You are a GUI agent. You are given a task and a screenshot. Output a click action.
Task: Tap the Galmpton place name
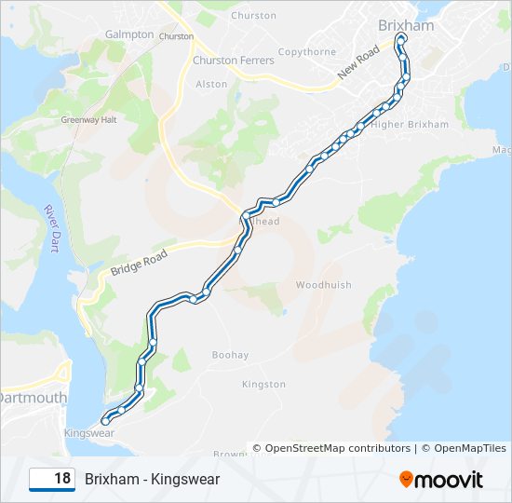129,34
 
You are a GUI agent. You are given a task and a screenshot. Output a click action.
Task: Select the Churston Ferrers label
233,61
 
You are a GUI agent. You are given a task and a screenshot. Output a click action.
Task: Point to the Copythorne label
306,52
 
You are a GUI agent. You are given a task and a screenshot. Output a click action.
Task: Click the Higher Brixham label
410,125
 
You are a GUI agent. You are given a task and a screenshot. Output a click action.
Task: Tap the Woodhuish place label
323,285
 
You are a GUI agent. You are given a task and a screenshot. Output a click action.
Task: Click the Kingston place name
263,384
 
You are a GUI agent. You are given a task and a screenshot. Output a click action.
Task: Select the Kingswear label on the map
89,433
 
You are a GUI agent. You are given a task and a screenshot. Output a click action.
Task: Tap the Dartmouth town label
34,398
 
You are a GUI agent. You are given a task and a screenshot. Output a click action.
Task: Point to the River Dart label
51,226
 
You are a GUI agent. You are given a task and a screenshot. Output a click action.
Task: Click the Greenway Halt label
88,120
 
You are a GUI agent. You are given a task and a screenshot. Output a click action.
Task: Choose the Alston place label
211,84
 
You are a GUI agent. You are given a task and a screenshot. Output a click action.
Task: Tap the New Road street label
359,61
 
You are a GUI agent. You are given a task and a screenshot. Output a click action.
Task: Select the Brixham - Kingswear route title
152,479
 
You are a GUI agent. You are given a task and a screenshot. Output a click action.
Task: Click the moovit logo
441,479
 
